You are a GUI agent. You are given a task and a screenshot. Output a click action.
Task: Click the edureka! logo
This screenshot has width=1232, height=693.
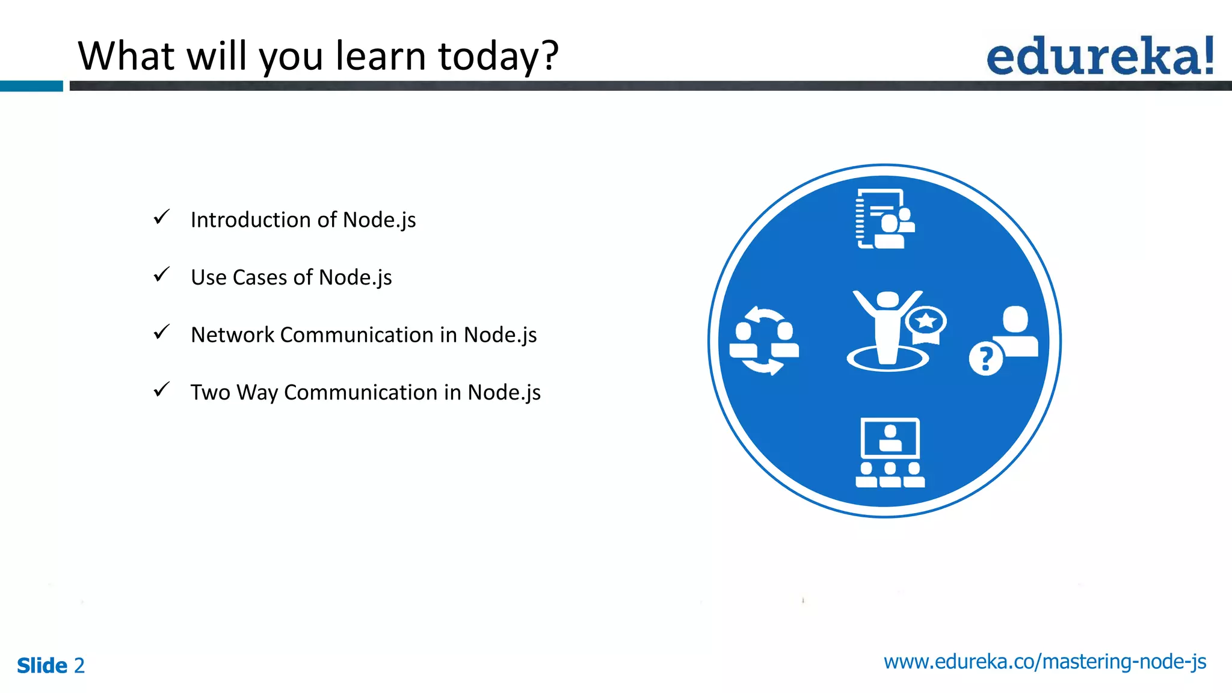coord(1100,57)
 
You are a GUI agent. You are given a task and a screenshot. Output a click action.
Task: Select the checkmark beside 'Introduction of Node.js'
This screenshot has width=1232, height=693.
coord(161,217)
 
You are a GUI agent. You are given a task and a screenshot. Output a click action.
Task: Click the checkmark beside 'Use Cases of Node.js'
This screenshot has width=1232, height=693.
coord(161,275)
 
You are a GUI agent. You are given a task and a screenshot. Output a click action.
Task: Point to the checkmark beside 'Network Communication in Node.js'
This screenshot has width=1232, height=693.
coord(161,332)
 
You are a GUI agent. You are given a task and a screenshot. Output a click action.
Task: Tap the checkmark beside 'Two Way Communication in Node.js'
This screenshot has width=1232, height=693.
coord(161,390)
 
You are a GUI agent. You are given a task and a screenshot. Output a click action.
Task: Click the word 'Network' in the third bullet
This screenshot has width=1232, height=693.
coord(232,335)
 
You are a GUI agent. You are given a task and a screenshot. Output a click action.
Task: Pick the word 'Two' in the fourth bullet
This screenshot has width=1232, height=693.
coord(210,392)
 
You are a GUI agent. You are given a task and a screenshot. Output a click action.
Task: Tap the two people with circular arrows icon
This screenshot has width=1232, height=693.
coord(764,340)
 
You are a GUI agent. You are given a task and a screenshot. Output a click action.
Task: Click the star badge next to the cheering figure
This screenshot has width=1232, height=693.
coord(926,322)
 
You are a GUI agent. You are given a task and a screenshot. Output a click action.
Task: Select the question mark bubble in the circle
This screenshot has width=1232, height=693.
coord(985,359)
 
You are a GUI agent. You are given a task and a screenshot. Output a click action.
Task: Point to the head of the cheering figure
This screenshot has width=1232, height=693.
coord(888,300)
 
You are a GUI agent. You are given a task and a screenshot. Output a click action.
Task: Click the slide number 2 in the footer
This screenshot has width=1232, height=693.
coord(79,665)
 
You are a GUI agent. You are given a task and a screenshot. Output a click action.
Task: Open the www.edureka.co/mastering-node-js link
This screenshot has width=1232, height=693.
coord(1044,662)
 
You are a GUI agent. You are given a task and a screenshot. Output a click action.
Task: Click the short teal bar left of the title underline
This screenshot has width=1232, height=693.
coord(31,86)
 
